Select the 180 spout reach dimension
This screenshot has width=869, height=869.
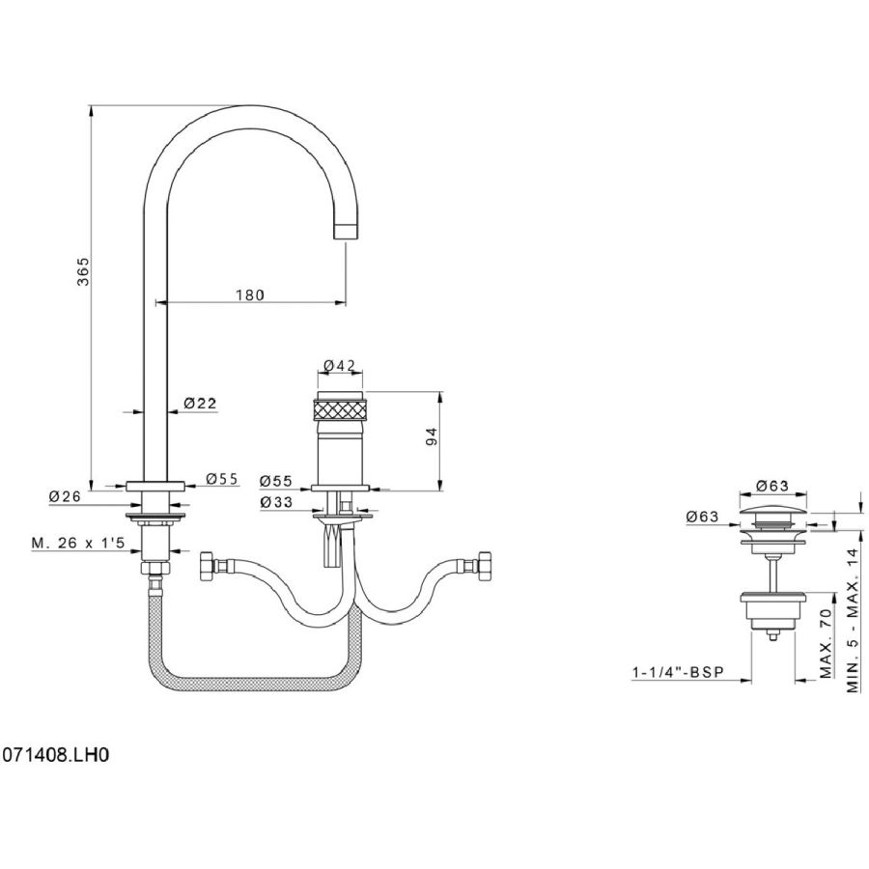pyautogui.click(x=249, y=295)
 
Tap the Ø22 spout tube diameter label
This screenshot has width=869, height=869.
pyautogui.click(x=201, y=403)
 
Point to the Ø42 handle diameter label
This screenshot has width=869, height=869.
pyautogui.click(x=340, y=366)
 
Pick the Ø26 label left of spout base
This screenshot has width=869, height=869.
pyautogui.click(x=64, y=496)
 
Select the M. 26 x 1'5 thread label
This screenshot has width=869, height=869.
pyautogui.click(x=77, y=544)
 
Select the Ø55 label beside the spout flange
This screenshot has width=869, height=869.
pyautogui.click(x=222, y=479)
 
